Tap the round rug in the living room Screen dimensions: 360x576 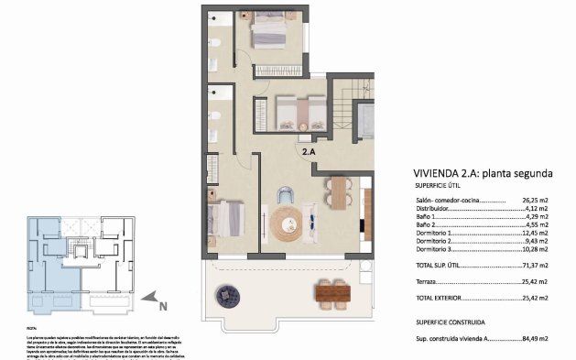288,220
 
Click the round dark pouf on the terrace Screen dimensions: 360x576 226,295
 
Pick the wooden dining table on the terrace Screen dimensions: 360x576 333,292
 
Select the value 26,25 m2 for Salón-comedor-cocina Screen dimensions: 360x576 533,201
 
